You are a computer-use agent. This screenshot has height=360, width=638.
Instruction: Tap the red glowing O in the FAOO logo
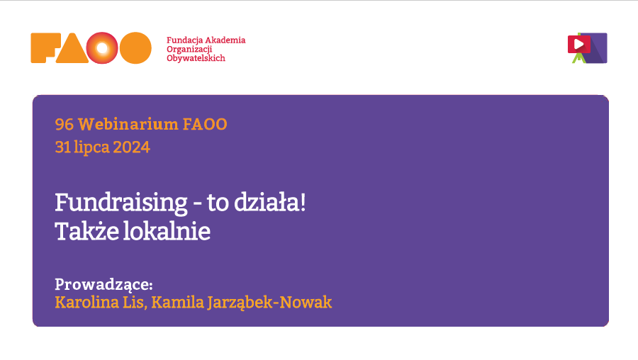pyautogui.click(x=102, y=48)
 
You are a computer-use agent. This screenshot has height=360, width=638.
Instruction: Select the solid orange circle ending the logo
pyautogui.click(x=135, y=48)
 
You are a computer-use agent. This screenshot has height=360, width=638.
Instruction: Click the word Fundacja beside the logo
pyautogui.click(x=185, y=40)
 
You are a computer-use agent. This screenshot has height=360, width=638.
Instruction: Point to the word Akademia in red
pyautogui.click(x=225, y=40)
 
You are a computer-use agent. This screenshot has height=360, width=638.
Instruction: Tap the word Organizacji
pyautogui.click(x=189, y=50)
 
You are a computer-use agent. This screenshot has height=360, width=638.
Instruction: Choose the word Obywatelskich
pyautogui.click(x=196, y=58)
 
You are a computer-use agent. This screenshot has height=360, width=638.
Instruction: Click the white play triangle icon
pyautogui.click(x=579, y=44)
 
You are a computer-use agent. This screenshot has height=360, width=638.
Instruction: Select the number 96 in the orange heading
pyautogui.click(x=65, y=125)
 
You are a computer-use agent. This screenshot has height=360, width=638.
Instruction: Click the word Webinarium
pyautogui.click(x=128, y=125)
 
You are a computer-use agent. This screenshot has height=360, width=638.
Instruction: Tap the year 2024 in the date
pyautogui.click(x=131, y=147)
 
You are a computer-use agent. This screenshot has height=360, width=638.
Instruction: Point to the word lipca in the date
pyautogui.click(x=91, y=147)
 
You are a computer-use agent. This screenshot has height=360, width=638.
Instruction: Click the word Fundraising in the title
pyautogui.click(x=121, y=203)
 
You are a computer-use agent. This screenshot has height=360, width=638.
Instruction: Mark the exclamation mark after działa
pyautogui.click(x=302, y=202)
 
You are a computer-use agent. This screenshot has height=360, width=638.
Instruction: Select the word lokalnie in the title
pyautogui.click(x=167, y=232)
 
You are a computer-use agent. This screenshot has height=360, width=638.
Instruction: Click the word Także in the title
pyautogui.click(x=86, y=232)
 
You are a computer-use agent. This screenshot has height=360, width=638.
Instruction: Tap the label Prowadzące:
pyautogui.click(x=103, y=284)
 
